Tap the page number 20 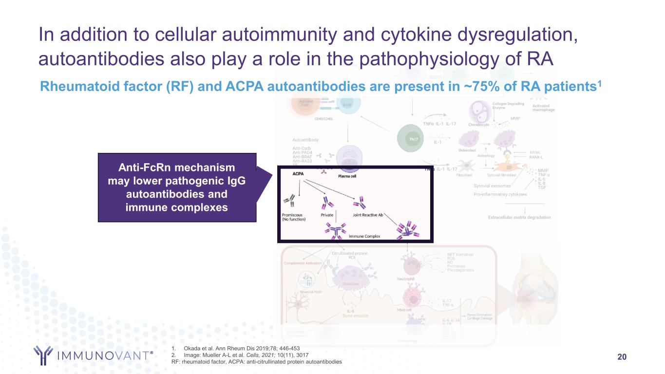point(622,357)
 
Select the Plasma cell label point(347,176)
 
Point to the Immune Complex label point(364,236)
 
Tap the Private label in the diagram point(327,214)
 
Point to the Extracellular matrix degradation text point(519,217)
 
